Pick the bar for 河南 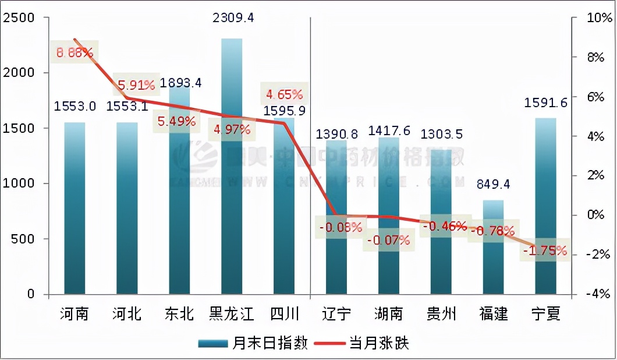(x=75, y=210)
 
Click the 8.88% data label (x=75, y=52)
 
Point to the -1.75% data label (x=545, y=251)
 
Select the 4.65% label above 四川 (x=284, y=94)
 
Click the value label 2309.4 (x=233, y=17)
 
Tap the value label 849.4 (x=493, y=185)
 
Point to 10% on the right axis (x=583, y=18)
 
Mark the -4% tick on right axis (x=583, y=294)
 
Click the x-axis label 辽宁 (x=336, y=315)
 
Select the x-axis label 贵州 (x=441, y=315)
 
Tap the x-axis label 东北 (x=179, y=315)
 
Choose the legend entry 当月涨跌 (x=364, y=343)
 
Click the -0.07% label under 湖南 (x=388, y=239)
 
